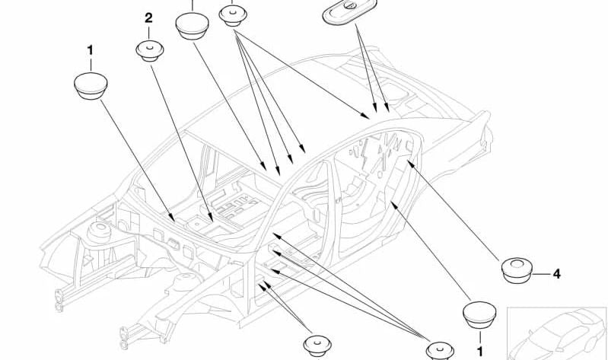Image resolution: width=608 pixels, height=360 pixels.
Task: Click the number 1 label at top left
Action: point(90,50)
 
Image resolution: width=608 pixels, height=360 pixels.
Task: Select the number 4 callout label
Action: point(556,273)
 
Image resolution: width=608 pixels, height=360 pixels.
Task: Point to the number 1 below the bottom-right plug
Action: point(479,351)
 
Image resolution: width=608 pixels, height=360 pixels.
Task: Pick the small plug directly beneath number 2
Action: point(149,51)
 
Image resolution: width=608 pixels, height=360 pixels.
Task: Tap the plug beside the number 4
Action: point(517,269)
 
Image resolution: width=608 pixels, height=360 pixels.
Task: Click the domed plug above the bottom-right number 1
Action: point(479,314)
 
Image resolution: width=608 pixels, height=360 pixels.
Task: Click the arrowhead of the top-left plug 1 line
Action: point(177,220)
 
